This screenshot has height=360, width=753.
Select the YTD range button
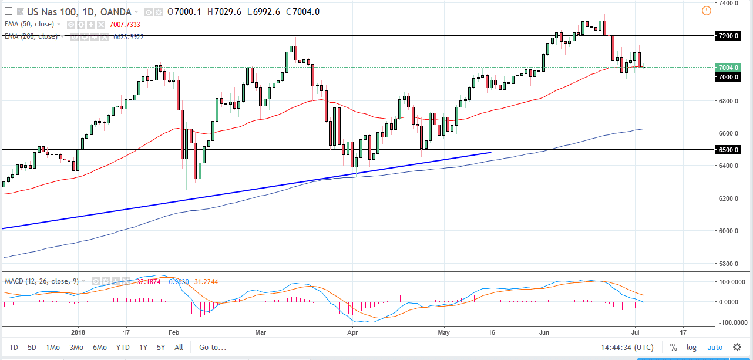click(123, 347)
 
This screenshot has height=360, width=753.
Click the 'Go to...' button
click(213, 347)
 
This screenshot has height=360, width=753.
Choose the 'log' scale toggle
click(692, 347)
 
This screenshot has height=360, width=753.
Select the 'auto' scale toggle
click(715, 347)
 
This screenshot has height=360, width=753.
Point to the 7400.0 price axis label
click(729, 4)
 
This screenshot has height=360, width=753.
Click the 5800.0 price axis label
click(729, 264)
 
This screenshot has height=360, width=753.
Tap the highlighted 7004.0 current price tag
click(729, 68)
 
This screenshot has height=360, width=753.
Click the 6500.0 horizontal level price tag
click(729, 150)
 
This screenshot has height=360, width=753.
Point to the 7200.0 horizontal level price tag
click(729, 36)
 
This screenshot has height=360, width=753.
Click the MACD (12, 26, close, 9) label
click(41, 281)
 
